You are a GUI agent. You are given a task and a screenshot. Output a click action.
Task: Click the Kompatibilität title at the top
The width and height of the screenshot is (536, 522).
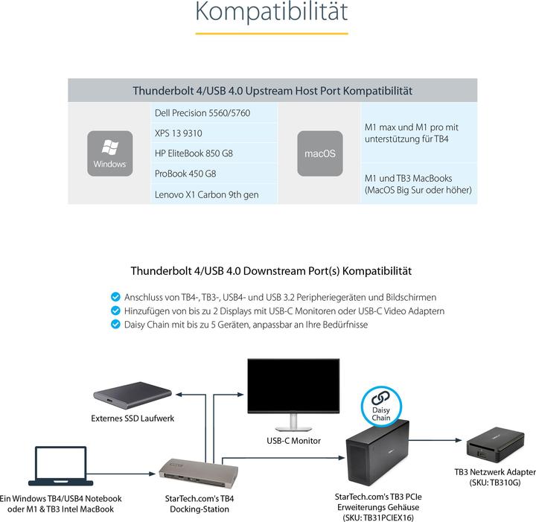[271, 13]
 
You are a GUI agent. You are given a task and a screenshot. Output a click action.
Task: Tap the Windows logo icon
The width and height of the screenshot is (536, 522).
[109, 153]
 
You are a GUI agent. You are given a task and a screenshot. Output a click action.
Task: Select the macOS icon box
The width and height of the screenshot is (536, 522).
[319, 153]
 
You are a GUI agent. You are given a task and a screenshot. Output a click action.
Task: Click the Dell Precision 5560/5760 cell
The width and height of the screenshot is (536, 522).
[214, 113]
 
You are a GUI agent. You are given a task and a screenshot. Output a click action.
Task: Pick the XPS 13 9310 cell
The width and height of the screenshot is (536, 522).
[214, 133]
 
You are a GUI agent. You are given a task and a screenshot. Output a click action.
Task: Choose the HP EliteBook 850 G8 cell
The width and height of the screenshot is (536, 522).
[214, 153]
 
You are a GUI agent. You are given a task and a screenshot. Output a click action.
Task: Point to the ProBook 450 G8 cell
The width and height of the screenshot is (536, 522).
[214, 174]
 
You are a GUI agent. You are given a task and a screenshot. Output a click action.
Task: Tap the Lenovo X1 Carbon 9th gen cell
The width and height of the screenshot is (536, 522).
[214, 194]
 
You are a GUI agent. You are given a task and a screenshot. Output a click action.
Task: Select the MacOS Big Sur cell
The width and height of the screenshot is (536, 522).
[418, 184]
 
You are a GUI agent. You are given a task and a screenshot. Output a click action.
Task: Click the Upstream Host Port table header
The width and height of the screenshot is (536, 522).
[272, 91]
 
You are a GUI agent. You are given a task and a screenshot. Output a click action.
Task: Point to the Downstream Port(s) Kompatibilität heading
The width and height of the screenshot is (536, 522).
[271, 271]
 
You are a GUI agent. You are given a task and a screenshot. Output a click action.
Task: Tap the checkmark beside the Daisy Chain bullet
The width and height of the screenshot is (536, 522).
[115, 325]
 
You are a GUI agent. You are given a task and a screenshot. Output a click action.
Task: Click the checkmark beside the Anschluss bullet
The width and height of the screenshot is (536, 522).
[115, 296]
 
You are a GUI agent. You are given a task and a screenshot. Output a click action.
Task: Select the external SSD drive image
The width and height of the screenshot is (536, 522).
[133, 395]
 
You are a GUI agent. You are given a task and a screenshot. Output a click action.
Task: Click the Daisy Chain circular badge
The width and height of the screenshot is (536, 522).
[381, 407]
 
